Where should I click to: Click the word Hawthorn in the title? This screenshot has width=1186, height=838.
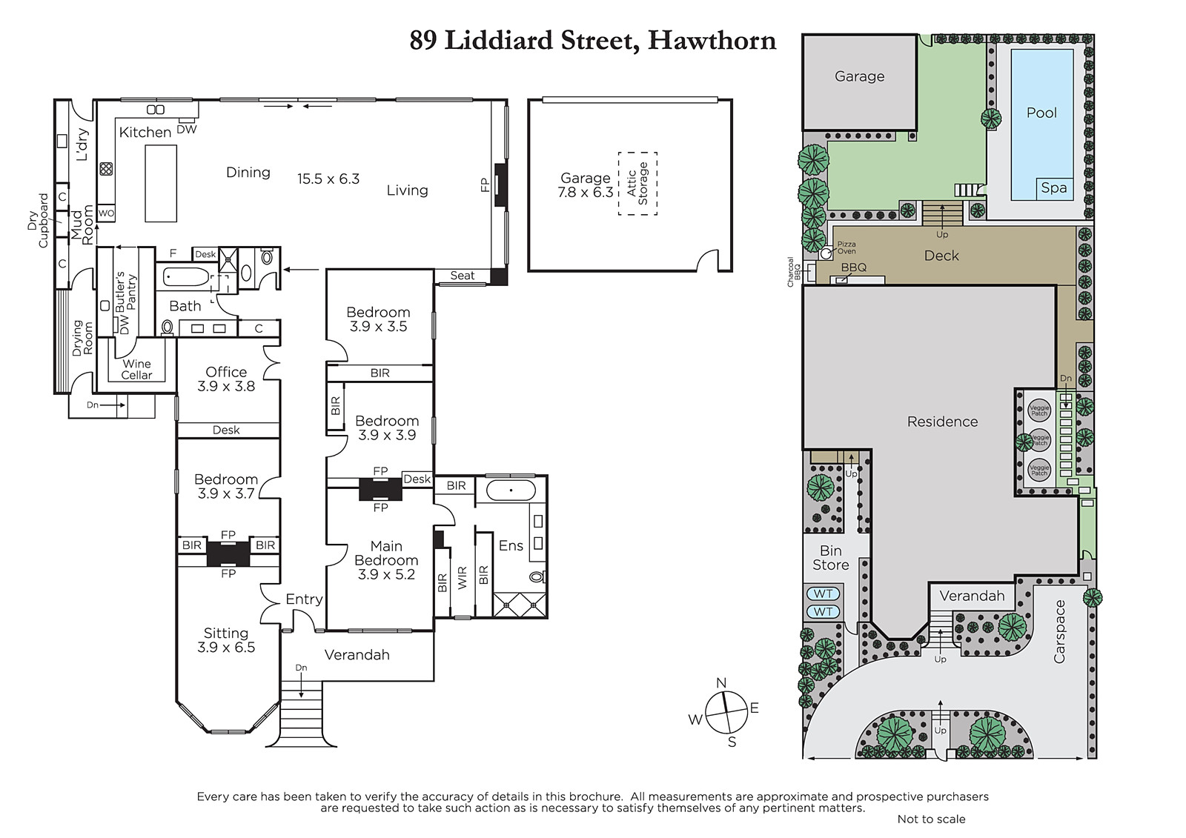coord(712,41)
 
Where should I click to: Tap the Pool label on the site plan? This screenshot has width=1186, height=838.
coord(1041,113)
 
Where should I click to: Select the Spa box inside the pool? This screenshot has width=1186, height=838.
coord(1054,188)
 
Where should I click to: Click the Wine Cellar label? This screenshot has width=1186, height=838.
coord(136,370)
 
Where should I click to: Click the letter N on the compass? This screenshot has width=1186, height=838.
coord(721,683)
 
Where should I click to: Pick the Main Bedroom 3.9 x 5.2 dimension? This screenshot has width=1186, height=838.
coord(386,574)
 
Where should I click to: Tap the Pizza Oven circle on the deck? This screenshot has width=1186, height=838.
coord(826,253)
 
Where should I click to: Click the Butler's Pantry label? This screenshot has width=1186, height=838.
coord(126,290)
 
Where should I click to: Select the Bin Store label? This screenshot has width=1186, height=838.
coord(831,558)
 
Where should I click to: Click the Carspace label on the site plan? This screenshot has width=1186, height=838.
coord(1059,631)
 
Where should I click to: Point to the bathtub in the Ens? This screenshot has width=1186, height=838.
coord(511,491)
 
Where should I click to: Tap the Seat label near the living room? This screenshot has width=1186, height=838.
coord(463,276)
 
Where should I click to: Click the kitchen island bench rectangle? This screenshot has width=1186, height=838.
coord(161,183)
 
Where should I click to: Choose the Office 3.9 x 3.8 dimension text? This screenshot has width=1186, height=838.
coord(226,387)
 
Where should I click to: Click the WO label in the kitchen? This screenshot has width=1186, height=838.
coord(107,213)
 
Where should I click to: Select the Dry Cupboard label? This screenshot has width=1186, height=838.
coord(38,220)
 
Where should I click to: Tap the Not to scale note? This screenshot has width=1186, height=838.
coord(931,819)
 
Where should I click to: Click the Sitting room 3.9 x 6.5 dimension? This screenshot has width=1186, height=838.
coord(226,648)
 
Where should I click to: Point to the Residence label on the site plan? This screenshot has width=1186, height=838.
coord(942,422)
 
